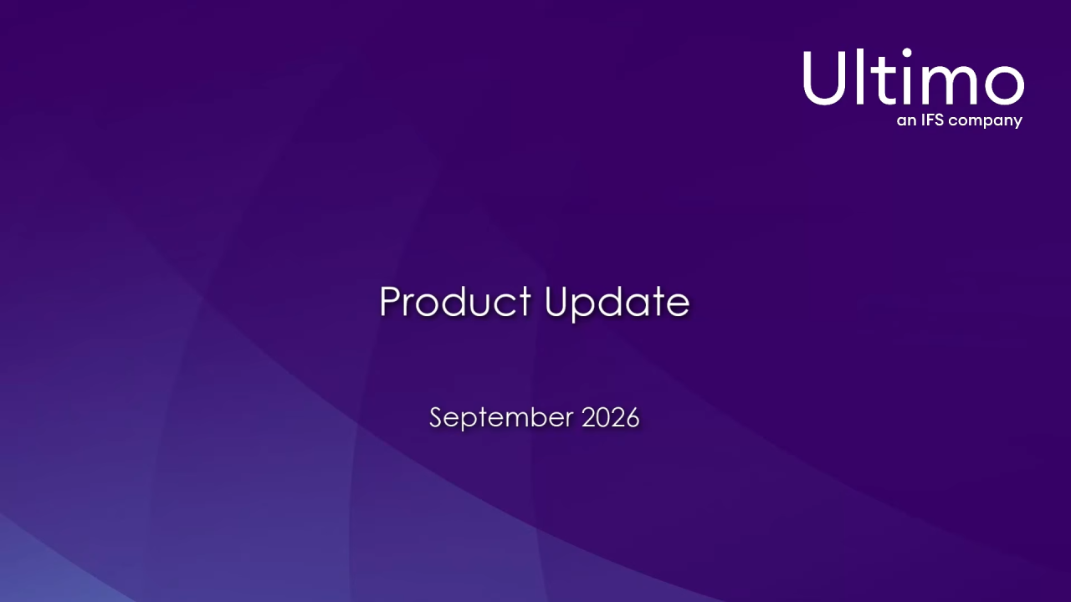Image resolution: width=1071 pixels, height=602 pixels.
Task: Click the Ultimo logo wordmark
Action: [914, 76]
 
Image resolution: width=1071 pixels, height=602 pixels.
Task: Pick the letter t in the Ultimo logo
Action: [882, 79]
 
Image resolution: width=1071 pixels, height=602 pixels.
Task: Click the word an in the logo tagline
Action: [906, 120]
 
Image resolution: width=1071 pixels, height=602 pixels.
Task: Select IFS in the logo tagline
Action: [932, 119]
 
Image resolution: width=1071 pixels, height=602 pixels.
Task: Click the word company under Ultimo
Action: [986, 121]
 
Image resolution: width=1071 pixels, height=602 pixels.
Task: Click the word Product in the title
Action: [455, 301]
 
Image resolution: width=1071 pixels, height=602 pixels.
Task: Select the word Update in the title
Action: [617, 304]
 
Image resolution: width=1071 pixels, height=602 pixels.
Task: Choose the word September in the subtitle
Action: [501, 418]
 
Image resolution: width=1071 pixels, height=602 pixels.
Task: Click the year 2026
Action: [611, 417]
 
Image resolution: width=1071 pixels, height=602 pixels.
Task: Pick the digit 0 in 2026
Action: [603, 417]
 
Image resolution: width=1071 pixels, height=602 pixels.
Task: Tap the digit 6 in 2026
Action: [632, 417]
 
